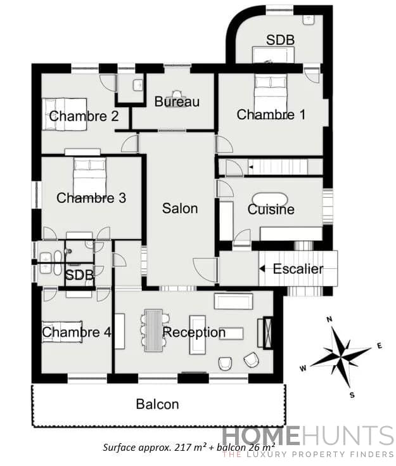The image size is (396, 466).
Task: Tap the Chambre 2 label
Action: [84, 116]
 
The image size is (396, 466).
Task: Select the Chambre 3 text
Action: [91, 198]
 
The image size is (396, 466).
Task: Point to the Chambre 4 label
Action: [71, 332]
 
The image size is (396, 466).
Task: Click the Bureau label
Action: [177, 101]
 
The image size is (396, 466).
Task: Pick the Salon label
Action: [180, 208]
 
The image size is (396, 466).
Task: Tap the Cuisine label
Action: [271, 209]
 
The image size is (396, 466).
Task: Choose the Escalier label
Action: [298, 268]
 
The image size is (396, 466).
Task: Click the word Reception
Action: [194, 332]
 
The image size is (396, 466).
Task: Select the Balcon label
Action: [157, 404]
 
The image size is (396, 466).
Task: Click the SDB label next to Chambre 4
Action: [80, 276]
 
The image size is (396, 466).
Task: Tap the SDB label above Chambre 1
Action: [280, 40]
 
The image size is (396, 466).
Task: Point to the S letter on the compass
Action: [352, 394]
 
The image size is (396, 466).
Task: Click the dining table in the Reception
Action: [155, 329]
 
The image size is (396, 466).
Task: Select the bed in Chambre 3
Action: [89, 169]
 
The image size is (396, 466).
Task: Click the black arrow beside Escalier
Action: [262, 268]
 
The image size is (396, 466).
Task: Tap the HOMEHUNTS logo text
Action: [307, 437]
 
